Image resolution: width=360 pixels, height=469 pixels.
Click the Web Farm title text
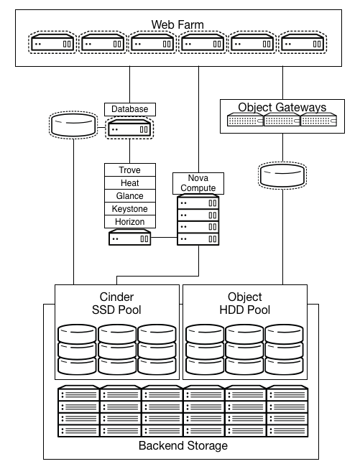tap(177, 25)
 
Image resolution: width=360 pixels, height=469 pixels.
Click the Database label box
tap(129, 109)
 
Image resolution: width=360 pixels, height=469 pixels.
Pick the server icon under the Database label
tap(129, 129)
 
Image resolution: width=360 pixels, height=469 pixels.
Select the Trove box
tap(129, 170)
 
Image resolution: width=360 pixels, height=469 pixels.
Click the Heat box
tap(129, 183)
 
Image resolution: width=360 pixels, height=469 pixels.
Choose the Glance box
tap(129, 196)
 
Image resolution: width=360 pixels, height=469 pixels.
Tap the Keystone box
tap(129, 209)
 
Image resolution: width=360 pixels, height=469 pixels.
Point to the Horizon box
tap(129, 222)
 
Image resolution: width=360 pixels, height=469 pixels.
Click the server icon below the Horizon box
tap(129, 238)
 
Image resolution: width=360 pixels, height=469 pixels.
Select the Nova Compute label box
tap(198, 182)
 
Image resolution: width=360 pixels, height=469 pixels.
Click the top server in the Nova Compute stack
tap(198, 203)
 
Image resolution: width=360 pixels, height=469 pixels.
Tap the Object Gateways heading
tap(282, 108)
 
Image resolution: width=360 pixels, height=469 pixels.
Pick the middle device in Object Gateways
tap(282, 121)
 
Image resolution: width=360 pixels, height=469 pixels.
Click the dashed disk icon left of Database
tap(73, 125)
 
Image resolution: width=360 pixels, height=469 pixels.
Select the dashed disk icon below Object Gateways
tap(282, 174)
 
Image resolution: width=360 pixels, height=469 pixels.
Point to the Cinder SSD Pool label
tap(116, 303)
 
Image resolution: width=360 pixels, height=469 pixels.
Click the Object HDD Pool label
tap(244, 303)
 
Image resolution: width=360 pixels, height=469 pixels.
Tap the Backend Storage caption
tap(183, 446)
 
